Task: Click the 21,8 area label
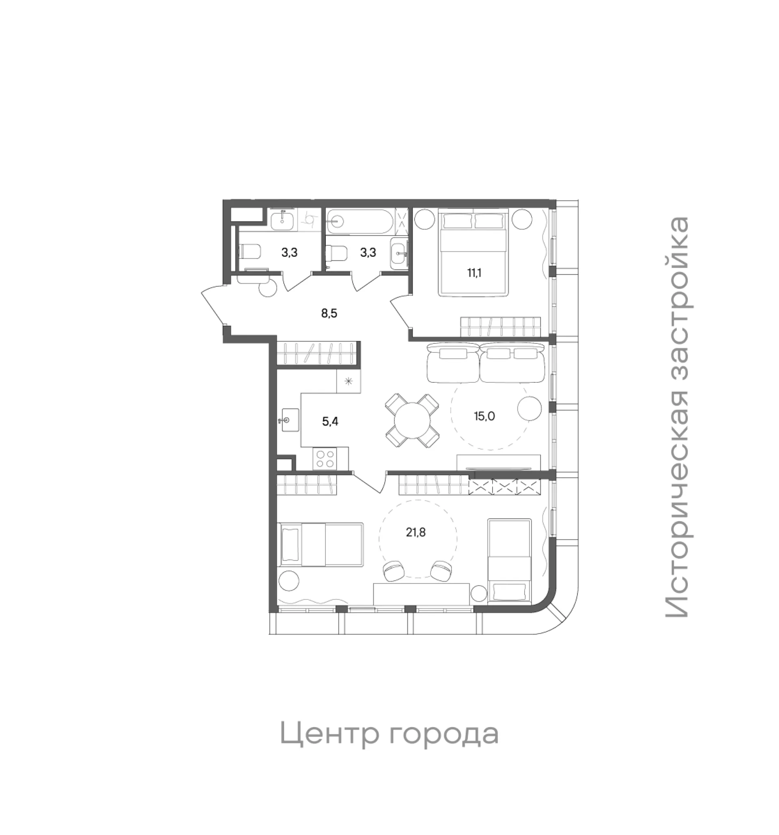pos(415,532)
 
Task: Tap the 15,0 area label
pos(484,416)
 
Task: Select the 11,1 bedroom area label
pos(474,273)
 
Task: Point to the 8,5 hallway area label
pos(329,313)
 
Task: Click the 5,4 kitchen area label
pos(330,421)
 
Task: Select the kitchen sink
pos(288,420)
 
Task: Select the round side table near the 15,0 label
pos(529,408)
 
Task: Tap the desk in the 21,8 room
pos(421,594)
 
